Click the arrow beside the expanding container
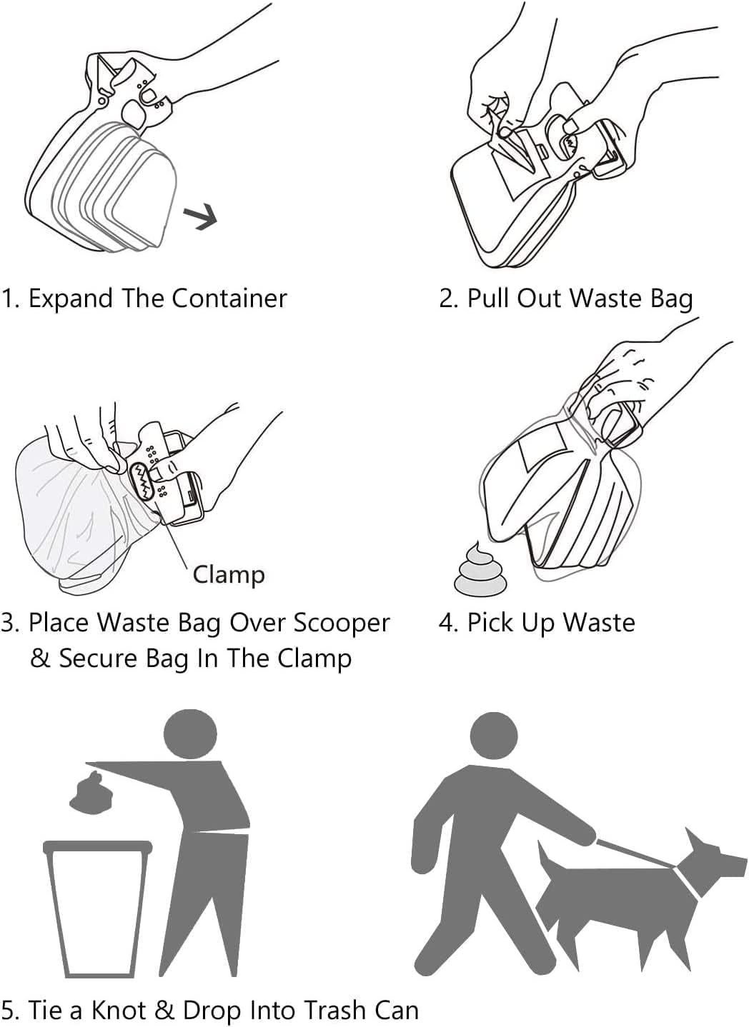[x=200, y=216]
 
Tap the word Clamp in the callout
[x=229, y=574]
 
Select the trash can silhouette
[x=97, y=907]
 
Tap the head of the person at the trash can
[x=190, y=735]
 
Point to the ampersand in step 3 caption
[x=40, y=658]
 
